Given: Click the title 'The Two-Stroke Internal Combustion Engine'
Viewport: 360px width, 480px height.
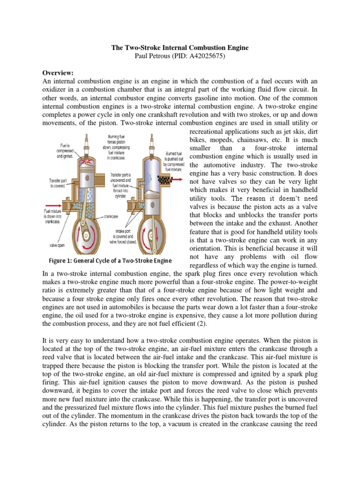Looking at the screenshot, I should tap(180, 48).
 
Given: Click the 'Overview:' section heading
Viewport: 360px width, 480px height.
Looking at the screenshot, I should tap(60, 73).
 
